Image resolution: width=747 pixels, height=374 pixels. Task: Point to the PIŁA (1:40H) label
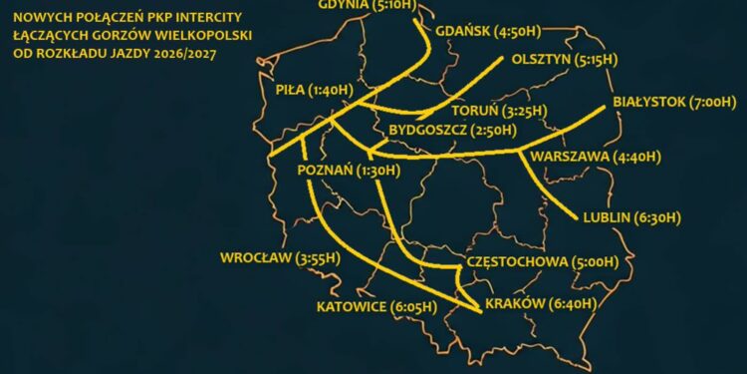[x=315, y=90]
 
